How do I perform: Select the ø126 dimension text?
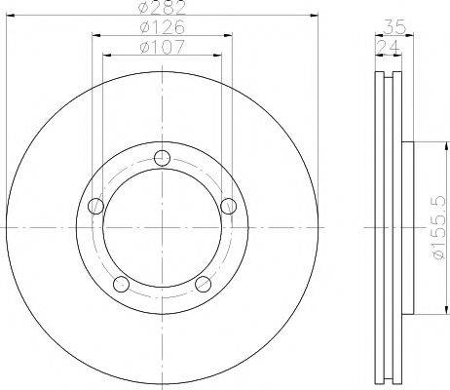(x=161, y=29)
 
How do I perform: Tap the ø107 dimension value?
(x=161, y=48)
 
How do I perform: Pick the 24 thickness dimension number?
(x=387, y=47)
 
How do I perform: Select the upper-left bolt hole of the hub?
(x=95, y=206)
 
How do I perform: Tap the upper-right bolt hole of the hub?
(x=228, y=206)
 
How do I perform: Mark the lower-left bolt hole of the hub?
(x=121, y=283)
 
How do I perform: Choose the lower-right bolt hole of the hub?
(x=203, y=283)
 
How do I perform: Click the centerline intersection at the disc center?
(x=162, y=228)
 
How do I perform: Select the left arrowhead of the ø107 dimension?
(x=106, y=55)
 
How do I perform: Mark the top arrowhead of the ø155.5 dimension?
(x=421, y=146)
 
